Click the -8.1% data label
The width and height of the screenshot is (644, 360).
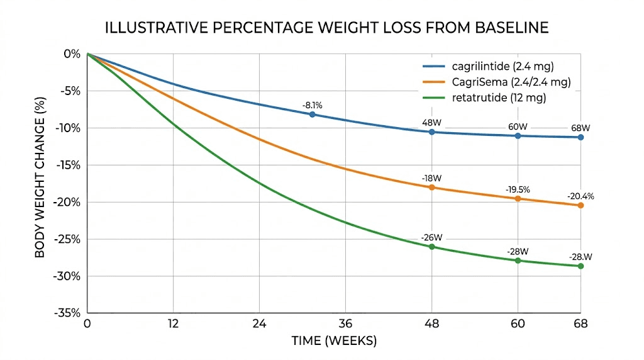[313, 105]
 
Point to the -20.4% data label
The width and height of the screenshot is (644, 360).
[580, 196]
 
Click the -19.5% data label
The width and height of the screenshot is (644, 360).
[518, 189]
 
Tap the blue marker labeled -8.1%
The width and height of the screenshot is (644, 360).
[313, 115]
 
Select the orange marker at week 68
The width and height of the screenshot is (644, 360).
[580, 205]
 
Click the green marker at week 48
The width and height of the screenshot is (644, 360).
[431, 247]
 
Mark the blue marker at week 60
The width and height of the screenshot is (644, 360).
[518, 135]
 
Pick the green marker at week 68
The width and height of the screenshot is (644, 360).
[580, 266]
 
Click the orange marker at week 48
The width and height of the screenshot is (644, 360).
[431, 188]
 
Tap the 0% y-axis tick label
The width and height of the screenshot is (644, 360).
[72, 54]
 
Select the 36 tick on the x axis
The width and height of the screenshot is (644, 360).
[345, 325]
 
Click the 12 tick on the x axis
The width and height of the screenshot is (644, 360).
[173, 325]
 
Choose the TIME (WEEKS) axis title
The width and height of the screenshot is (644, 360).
[334, 342]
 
